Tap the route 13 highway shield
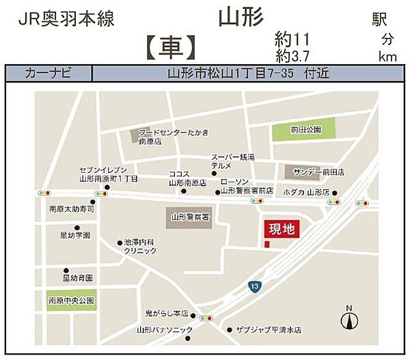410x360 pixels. pyautogui.click(x=255, y=286)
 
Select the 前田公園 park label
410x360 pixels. pyautogui.click(x=304, y=129)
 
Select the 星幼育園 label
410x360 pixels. pyautogui.click(x=77, y=278)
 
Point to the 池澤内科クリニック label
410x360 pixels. pyautogui.click(x=140, y=247)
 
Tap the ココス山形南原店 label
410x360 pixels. pyautogui.click(x=187, y=178)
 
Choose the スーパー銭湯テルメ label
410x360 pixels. pyautogui.click(x=232, y=162)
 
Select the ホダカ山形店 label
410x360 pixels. pyautogui.click(x=308, y=192)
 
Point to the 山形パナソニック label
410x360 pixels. pyautogui.click(x=164, y=330)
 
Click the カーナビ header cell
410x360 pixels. pyautogui.click(x=48, y=73)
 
